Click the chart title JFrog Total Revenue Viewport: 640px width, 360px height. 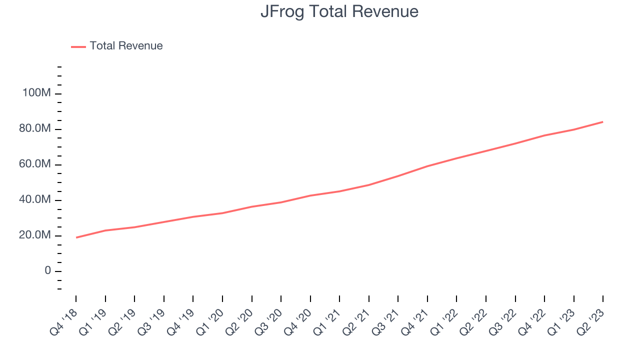pos(339,11)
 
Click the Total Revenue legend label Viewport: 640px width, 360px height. pos(126,46)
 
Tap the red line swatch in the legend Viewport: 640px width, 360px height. pos(78,46)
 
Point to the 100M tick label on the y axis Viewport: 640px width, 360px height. pos(36,93)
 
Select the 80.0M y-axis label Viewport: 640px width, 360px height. pos(35,129)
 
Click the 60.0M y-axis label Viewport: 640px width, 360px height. pos(35,164)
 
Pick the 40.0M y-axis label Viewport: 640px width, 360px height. pos(35,200)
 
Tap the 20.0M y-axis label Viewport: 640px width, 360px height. pos(35,235)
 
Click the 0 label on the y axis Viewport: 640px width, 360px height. pos(47,271)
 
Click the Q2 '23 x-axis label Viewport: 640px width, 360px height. pos(592,321)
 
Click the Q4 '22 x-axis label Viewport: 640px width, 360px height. pos(533,321)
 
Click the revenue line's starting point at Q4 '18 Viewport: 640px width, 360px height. pos(76,237)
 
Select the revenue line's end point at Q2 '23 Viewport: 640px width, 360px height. pos(602,122)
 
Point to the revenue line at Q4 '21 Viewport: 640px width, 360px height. pos(427,166)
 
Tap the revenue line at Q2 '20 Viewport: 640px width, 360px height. pos(251,206)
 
